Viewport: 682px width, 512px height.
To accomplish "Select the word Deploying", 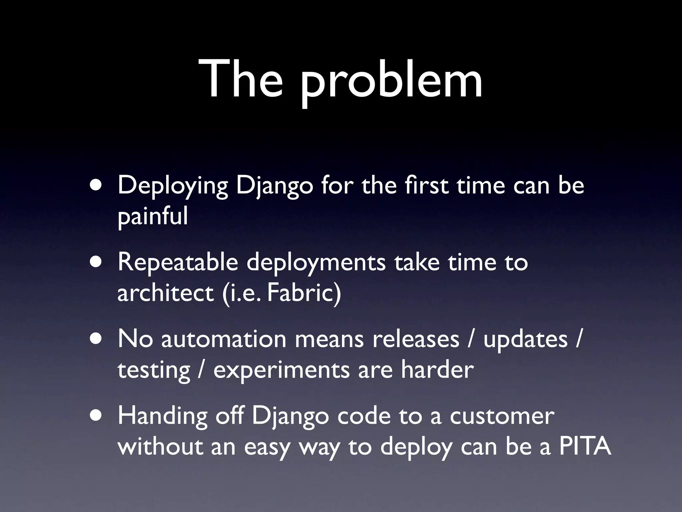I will [172, 186].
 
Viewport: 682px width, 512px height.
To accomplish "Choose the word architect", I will [165, 293].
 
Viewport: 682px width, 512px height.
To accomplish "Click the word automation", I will [224, 339].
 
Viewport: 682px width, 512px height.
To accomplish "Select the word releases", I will [416, 339].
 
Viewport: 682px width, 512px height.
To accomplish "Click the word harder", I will [437, 369].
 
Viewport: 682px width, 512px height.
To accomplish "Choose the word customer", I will [502, 416].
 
